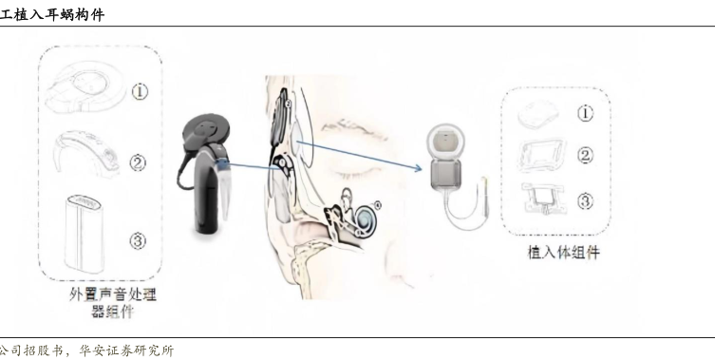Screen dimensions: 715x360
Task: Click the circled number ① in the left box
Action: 140,92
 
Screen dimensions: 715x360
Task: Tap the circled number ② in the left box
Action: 138,162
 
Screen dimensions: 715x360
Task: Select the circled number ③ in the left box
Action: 138,240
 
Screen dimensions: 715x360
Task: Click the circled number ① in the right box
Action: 586,113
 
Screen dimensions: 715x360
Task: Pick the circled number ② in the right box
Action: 586,156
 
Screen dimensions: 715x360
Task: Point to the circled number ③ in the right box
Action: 586,200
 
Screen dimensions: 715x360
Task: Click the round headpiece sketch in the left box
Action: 85,86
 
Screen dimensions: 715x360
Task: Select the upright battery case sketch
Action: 84,234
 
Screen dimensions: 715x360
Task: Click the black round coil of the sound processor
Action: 206,132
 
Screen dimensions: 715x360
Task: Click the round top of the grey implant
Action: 445,141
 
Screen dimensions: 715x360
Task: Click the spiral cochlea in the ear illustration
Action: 364,218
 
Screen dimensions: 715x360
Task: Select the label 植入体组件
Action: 563,253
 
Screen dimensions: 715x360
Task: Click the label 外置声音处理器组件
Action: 113,302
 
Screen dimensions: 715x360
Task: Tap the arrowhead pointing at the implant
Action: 418,169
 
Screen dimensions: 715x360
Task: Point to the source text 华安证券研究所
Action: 126,351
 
